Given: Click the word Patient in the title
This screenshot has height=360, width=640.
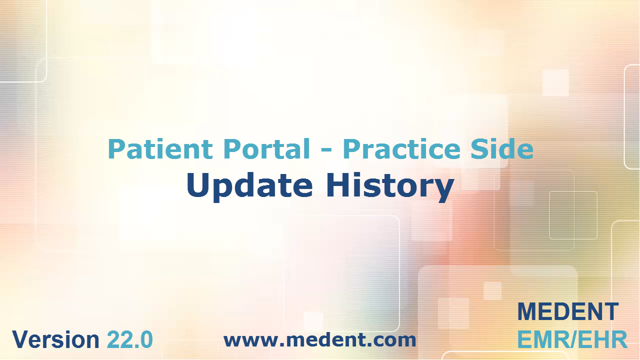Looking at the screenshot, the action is (160, 148).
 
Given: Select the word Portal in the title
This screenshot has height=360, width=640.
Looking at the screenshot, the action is (267, 148).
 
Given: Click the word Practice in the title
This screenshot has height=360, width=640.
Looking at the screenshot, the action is (401, 148).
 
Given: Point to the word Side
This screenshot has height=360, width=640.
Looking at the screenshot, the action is (502, 148).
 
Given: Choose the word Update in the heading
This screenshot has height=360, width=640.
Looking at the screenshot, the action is (250, 185).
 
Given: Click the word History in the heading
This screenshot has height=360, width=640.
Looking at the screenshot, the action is (390, 185).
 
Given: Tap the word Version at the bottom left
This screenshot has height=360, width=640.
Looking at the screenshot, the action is (55, 339).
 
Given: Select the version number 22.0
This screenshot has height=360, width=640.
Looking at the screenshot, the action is (130, 339).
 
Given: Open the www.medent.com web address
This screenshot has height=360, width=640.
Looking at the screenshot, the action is (320, 340).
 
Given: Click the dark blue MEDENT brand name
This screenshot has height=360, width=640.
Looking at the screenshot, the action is (568, 311).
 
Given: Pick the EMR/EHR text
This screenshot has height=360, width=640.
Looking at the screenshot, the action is (572, 339).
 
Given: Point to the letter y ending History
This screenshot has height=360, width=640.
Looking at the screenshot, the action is (443, 189).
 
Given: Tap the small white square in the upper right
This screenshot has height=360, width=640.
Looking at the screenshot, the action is (555, 83).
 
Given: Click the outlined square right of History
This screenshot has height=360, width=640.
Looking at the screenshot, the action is (573, 215).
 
